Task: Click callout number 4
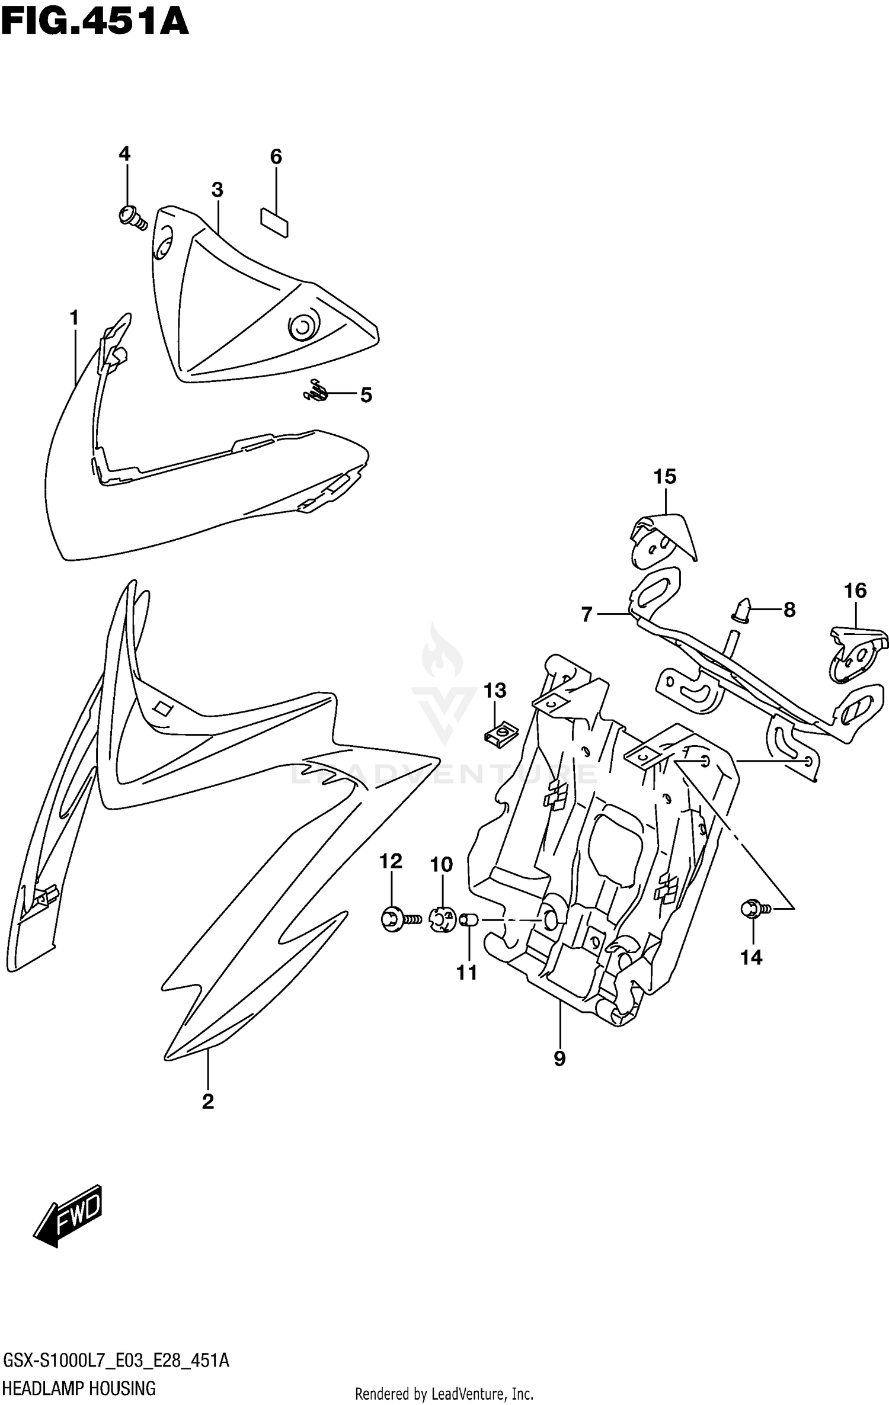(x=124, y=154)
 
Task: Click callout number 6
(x=276, y=157)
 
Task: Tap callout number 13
(x=495, y=691)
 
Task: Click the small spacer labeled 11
(x=469, y=920)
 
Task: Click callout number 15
(x=665, y=476)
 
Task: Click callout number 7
(x=587, y=615)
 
